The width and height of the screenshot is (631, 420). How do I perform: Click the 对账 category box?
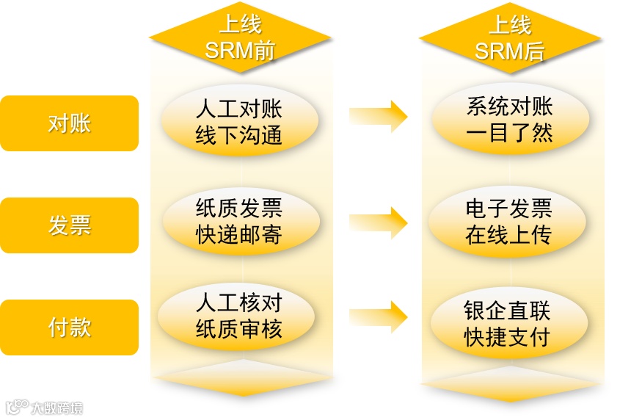[69, 123]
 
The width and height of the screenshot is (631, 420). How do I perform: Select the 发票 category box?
[69, 225]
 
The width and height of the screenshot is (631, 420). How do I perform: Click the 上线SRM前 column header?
[240, 38]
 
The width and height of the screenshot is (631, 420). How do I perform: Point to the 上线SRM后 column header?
[510, 38]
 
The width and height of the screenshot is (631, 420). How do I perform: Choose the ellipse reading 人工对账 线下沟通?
[239, 123]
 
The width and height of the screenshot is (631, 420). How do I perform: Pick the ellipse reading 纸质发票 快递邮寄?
[239, 222]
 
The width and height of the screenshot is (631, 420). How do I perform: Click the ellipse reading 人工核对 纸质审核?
[239, 316]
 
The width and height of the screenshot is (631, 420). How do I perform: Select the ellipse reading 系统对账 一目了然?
[510, 121]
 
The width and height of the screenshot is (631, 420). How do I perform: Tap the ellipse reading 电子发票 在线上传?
[508, 222]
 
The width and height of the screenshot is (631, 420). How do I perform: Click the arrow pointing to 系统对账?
[378, 116]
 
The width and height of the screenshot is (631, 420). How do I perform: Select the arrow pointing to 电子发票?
[378, 222]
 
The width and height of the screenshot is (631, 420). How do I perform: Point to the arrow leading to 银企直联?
[378, 316]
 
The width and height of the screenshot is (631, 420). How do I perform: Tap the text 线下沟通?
[239, 136]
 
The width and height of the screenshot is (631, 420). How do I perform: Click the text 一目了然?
[510, 134]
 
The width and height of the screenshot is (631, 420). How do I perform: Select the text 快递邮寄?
[239, 235]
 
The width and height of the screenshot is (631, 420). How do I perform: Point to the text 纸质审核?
[239, 330]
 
